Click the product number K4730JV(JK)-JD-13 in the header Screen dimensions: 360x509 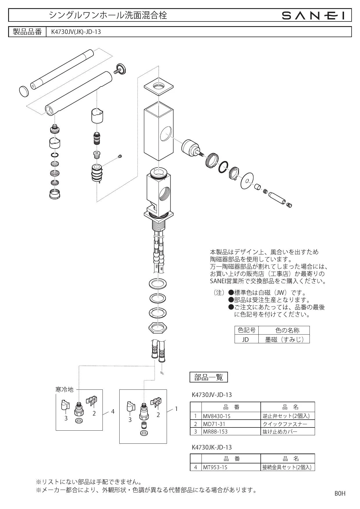[76, 32]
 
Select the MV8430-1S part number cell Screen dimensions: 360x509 [231, 416]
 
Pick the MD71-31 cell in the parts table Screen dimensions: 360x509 [231, 424]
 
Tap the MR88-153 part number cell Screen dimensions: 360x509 [231, 431]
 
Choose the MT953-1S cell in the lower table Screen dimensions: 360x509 [231, 467]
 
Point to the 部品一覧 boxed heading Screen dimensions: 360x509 [208, 377]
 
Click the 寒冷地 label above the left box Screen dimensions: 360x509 [64, 389]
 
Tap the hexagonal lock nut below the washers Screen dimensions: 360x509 [157, 328]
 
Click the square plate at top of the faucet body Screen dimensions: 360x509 [159, 86]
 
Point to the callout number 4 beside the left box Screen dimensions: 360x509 [113, 411]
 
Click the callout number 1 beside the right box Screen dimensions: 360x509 [176, 409]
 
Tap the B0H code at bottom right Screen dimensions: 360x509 [340, 493]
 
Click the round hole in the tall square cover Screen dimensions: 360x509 [165, 134]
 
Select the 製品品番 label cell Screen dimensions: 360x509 [28, 32]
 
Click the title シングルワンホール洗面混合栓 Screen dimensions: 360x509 [108, 15]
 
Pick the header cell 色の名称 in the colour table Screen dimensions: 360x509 [284, 330]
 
